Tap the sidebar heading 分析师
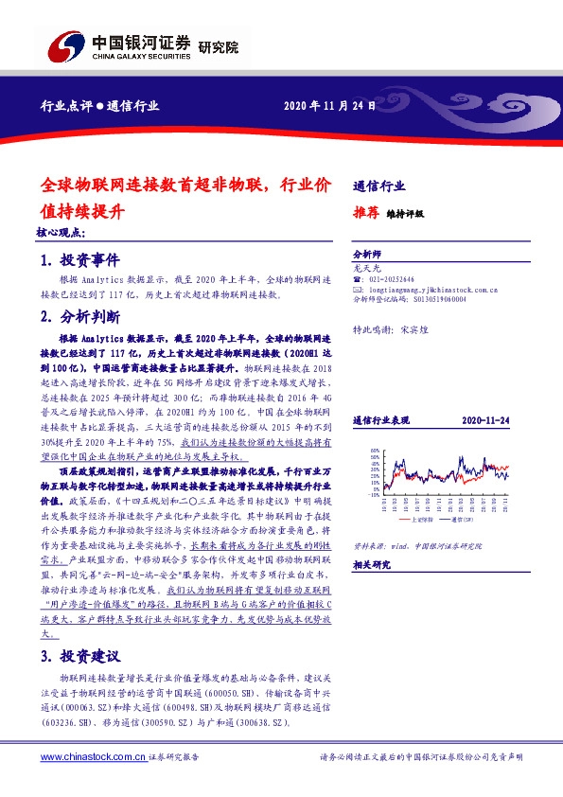[365, 256]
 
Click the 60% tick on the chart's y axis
[374, 450]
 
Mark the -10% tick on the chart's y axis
[372, 494]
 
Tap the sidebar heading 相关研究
[371, 565]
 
